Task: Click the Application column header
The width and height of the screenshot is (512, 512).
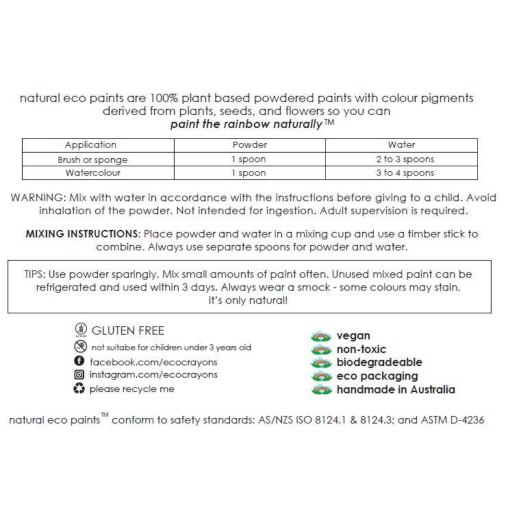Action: click(x=90, y=145)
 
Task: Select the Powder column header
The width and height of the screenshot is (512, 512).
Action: click(x=249, y=145)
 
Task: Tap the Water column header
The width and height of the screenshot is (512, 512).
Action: click(x=401, y=145)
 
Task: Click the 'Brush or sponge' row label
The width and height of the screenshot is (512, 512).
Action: click(x=92, y=160)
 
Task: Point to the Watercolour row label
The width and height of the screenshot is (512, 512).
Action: click(x=92, y=173)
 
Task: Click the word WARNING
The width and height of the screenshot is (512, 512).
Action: click(x=38, y=197)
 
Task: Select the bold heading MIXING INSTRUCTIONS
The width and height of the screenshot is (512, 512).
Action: click(x=83, y=234)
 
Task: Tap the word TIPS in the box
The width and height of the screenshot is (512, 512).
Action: click(x=33, y=274)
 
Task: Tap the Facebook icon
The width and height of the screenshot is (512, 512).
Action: click(x=79, y=361)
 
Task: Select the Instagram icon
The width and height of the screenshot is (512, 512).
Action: click(x=79, y=374)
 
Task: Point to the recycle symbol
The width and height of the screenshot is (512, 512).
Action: click(x=79, y=388)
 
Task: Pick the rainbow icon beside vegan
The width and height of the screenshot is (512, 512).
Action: click(x=321, y=336)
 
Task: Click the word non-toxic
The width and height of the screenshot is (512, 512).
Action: click(x=361, y=349)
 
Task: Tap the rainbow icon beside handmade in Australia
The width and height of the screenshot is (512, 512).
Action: click(x=321, y=390)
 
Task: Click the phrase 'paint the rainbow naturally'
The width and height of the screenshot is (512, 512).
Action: click(x=246, y=124)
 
